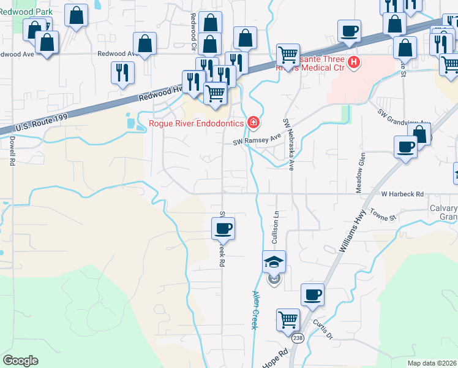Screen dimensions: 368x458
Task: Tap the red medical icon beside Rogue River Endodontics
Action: click(x=253, y=123)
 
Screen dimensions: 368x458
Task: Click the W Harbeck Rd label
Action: click(x=402, y=194)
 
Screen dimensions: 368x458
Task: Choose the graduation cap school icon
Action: click(x=274, y=262)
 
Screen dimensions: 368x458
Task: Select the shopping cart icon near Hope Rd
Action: click(x=287, y=320)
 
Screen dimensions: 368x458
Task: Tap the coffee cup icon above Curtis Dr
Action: click(x=312, y=294)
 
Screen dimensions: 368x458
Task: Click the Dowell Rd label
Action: click(x=12, y=151)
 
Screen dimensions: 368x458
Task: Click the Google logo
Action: click(x=20, y=361)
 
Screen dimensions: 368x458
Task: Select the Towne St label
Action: click(x=384, y=214)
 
